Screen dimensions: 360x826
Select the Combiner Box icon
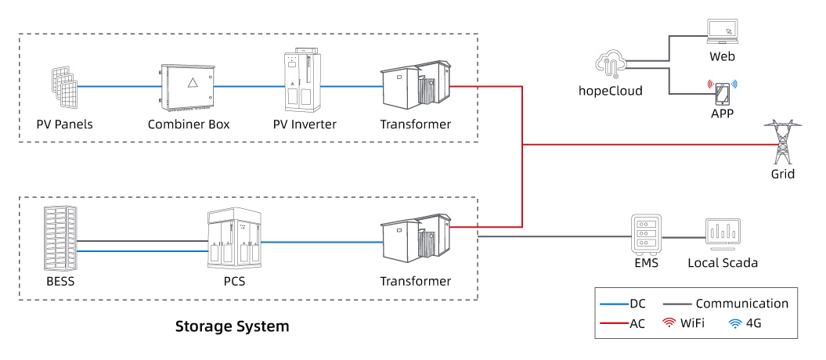click(x=186, y=85)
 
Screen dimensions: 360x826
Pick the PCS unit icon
click(x=234, y=238)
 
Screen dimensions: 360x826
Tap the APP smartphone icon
click(x=722, y=94)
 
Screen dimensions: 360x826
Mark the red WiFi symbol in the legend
click(x=669, y=323)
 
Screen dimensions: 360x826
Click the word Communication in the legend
click(x=741, y=304)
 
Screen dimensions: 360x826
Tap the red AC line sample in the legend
click(x=611, y=323)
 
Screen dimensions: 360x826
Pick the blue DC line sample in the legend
click(x=611, y=304)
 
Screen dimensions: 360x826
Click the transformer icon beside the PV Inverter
click(x=414, y=86)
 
